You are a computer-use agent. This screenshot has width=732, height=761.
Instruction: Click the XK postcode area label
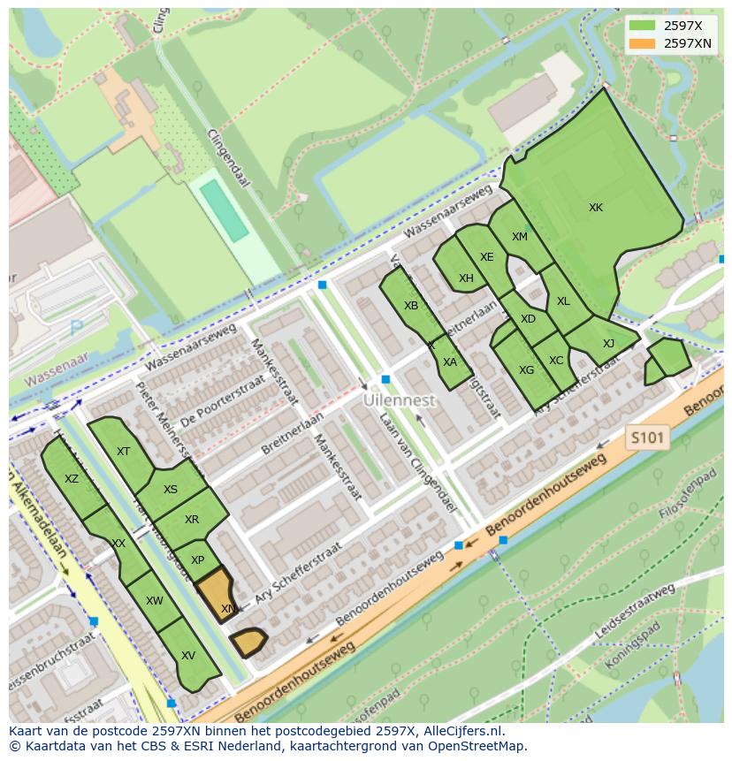coord(596,208)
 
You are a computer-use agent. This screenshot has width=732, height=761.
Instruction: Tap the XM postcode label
coord(520,237)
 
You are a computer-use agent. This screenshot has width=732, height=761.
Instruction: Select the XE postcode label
coord(487,257)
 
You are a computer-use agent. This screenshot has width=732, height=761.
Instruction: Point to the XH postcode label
coord(466,278)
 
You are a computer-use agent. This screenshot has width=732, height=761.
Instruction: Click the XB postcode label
coord(411,306)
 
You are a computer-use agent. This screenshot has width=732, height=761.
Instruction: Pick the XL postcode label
coord(563,301)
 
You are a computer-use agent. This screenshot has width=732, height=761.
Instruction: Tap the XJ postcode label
coord(608,344)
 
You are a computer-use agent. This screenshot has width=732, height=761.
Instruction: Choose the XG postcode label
coord(526,370)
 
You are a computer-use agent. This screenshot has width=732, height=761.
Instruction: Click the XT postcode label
coord(123,452)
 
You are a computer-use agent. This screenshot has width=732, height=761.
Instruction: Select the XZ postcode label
coord(72,479)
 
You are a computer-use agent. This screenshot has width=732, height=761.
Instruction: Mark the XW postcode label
coord(155,601)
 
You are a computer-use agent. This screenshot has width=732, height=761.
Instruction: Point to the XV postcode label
coord(187,656)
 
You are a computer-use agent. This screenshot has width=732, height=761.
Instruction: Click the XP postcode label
coord(197,560)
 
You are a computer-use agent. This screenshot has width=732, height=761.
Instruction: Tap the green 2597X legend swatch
coord(643,26)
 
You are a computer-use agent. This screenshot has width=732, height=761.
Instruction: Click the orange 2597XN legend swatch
coord(643,43)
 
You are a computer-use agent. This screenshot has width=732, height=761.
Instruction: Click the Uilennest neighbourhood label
coord(400,400)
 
